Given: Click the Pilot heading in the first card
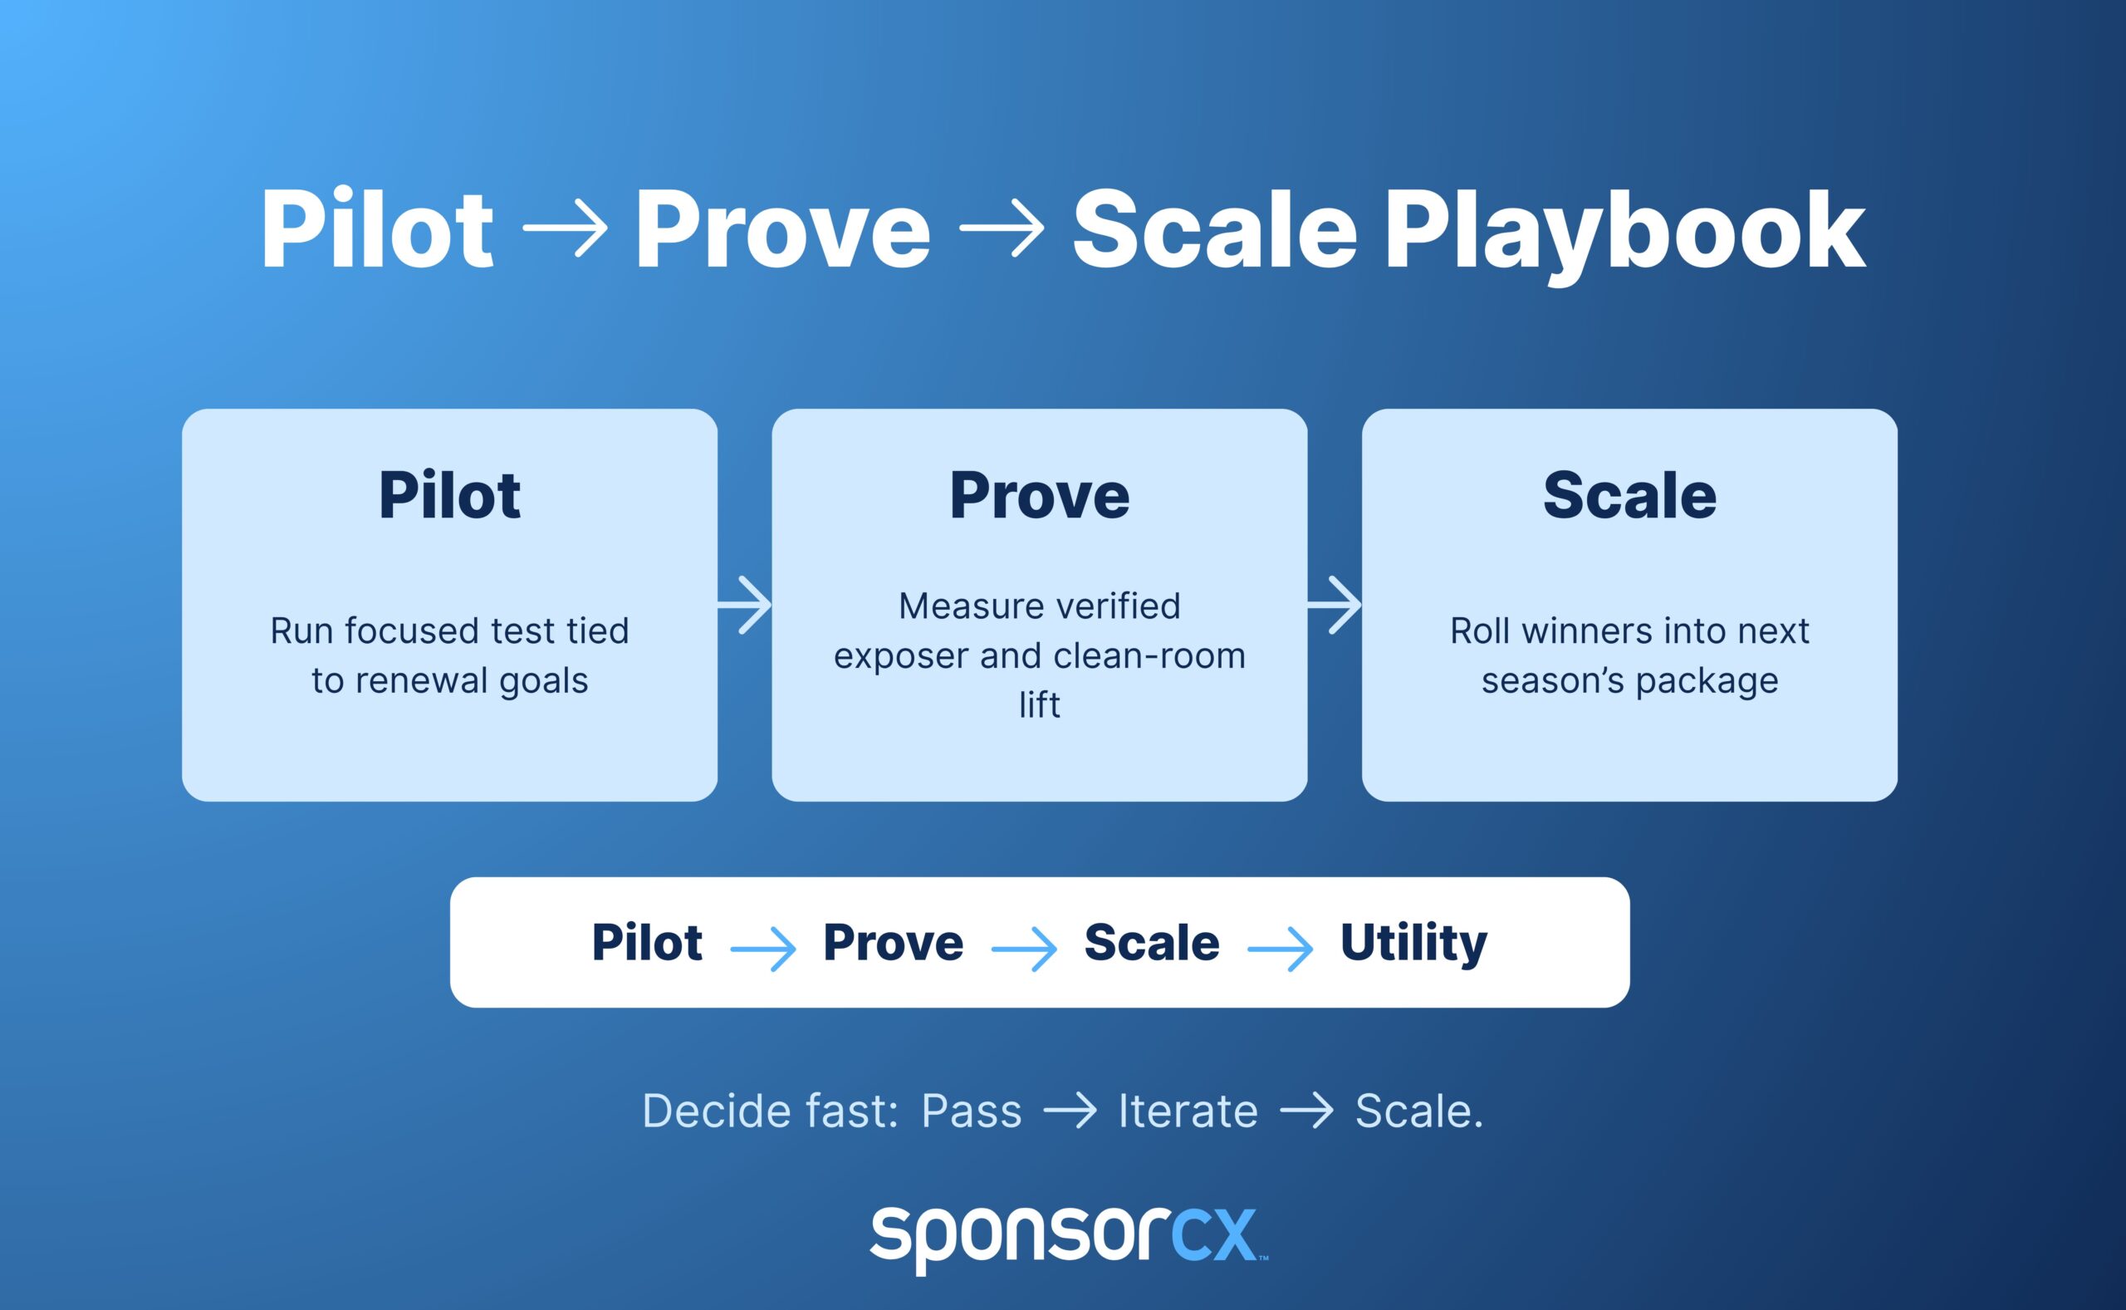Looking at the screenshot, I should tap(449, 496).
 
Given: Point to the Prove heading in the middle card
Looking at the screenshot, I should tap(1039, 496).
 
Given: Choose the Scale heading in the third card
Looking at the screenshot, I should tap(1629, 496).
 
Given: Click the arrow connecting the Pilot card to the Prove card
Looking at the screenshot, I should tap(745, 605).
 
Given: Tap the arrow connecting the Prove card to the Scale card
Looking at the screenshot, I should tap(1335, 605).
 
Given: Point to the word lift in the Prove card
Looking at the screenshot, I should tap(1039, 705).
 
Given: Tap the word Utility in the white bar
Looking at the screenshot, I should tap(1413, 943).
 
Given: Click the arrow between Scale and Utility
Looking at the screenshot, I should tap(1280, 949).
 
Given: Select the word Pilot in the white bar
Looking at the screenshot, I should tap(647, 943).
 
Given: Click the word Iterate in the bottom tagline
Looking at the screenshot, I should tap(1188, 1111).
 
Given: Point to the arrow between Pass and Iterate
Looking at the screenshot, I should tap(1070, 1111).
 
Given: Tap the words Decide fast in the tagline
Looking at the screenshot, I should tap(770, 1111).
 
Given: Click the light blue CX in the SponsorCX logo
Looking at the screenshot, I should tap(1214, 1235).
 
